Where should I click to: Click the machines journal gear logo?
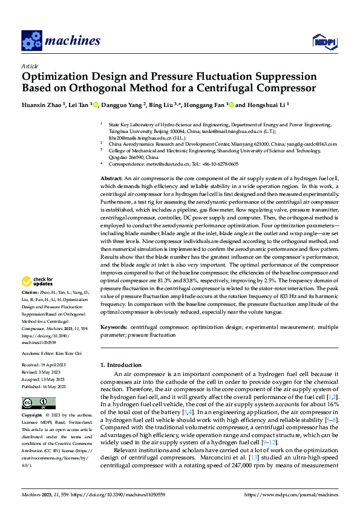tap(31, 41)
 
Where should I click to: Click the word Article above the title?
tap(30, 66)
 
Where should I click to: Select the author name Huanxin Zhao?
tap(44, 105)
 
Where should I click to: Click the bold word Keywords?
tap(114, 327)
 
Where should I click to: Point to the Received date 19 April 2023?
tap(47, 365)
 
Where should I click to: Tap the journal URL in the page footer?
tap(290, 496)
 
